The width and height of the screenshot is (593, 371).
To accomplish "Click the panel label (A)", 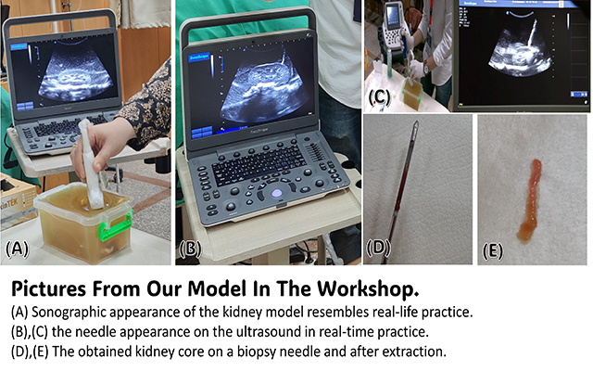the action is pos(17,249).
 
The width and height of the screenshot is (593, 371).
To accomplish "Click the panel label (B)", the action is pos(190,249).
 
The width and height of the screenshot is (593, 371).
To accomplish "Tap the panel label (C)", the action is pos(379,96).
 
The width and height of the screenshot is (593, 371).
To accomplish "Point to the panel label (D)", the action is pos(379,249).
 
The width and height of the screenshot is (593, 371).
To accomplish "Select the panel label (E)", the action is pos(493,251).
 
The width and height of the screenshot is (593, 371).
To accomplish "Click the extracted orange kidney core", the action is pos(531,200).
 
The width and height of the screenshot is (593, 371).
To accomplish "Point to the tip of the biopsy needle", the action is pos(416,122).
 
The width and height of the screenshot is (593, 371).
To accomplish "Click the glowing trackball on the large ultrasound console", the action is pos(277,193).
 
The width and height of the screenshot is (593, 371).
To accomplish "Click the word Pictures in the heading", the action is pos(48,289).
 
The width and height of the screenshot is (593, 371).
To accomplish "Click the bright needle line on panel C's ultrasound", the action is pos(531,33).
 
